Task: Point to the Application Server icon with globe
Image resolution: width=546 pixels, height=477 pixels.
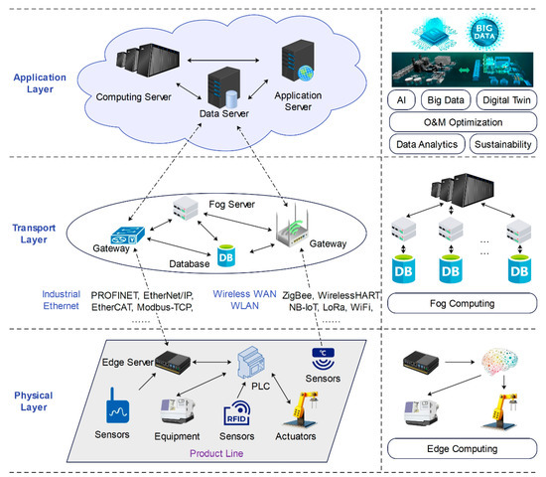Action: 300,61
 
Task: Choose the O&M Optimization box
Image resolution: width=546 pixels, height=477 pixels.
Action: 462,122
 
